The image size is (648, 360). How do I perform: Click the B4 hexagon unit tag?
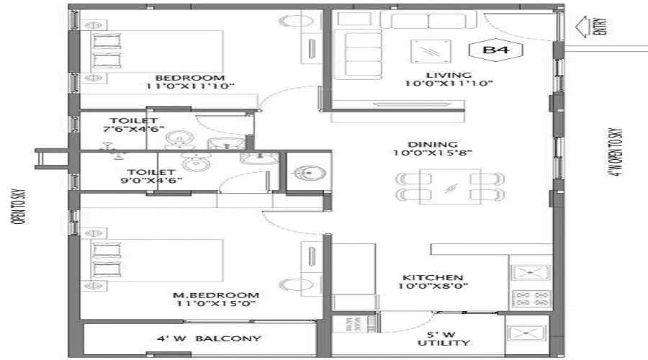496,50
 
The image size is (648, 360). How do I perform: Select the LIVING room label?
449,75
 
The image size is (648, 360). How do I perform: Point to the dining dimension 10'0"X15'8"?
432,153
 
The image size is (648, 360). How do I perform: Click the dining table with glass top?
450,186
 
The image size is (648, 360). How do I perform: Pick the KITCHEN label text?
432,277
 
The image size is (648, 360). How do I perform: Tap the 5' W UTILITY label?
444,338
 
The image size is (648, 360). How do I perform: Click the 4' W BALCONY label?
209,338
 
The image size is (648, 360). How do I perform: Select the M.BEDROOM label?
216,295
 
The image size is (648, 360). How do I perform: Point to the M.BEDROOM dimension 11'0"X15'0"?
216,304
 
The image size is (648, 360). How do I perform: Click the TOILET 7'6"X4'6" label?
133,125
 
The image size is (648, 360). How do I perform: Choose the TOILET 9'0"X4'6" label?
151,176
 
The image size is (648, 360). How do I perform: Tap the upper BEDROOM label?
189,78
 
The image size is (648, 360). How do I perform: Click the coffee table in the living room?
431,51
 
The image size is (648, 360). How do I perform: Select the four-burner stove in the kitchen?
531,299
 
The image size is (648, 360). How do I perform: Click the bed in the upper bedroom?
157,52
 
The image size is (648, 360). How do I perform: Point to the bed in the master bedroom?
157,261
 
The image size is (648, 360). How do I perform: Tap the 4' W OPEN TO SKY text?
616,152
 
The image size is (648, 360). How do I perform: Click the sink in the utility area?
526,333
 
